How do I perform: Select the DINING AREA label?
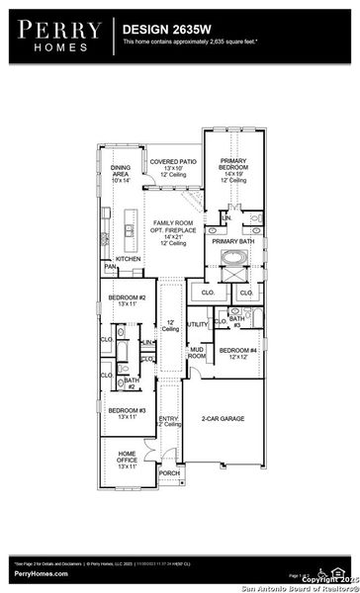pyautogui.click(x=121, y=174)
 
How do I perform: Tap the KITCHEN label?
pyautogui.click(x=129, y=258)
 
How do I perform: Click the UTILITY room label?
pyautogui.click(x=197, y=323)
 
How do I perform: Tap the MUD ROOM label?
pyautogui.click(x=197, y=352)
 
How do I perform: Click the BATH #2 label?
pyautogui.click(x=131, y=381)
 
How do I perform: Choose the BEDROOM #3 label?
pyautogui.click(x=127, y=413)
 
